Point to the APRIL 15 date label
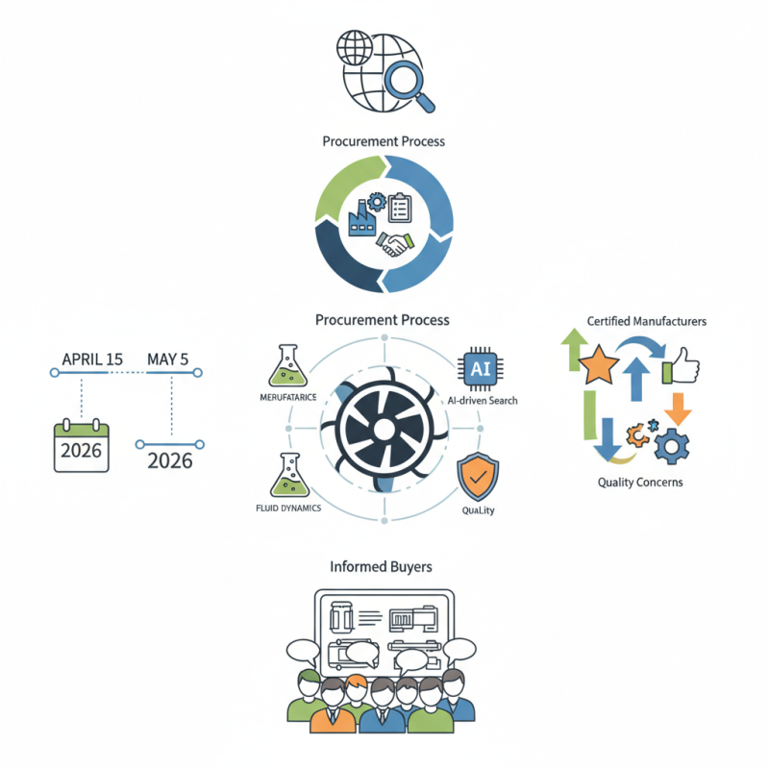click(x=92, y=360)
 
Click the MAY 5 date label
click(x=168, y=360)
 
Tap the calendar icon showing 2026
click(x=82, y=447)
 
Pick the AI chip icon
click(x=480, y=368)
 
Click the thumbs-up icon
click(x=681, y=367)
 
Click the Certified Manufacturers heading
click(x=647, y=321)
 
